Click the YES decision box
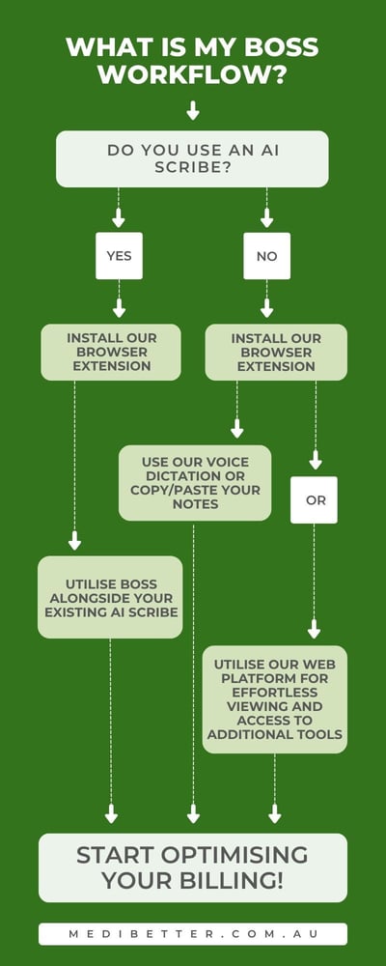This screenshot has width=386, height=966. tap(119, 256)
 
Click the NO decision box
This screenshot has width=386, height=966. tap(266, 256)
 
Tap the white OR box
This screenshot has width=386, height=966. tap(314, 499)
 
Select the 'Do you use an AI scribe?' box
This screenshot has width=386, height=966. tap(192, 158)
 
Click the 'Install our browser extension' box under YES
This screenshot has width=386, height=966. tap(110, 352)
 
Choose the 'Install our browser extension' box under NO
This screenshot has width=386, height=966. tap(276, 352)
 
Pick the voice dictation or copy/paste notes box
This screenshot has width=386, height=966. tap(194, 482)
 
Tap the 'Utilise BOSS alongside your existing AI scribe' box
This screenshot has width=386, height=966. tap(110, 597)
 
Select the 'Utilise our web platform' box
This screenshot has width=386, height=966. tap(275, 699)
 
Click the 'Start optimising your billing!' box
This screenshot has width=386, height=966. tap(192, 867)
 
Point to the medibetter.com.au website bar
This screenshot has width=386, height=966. tap(192, 934)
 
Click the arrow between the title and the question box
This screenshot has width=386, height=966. tap(193, 110)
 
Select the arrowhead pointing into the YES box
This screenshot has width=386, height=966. tap(119, 221)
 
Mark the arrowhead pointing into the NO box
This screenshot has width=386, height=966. tap(266, 221)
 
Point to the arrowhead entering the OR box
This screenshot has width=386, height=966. tap(315, 464)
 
